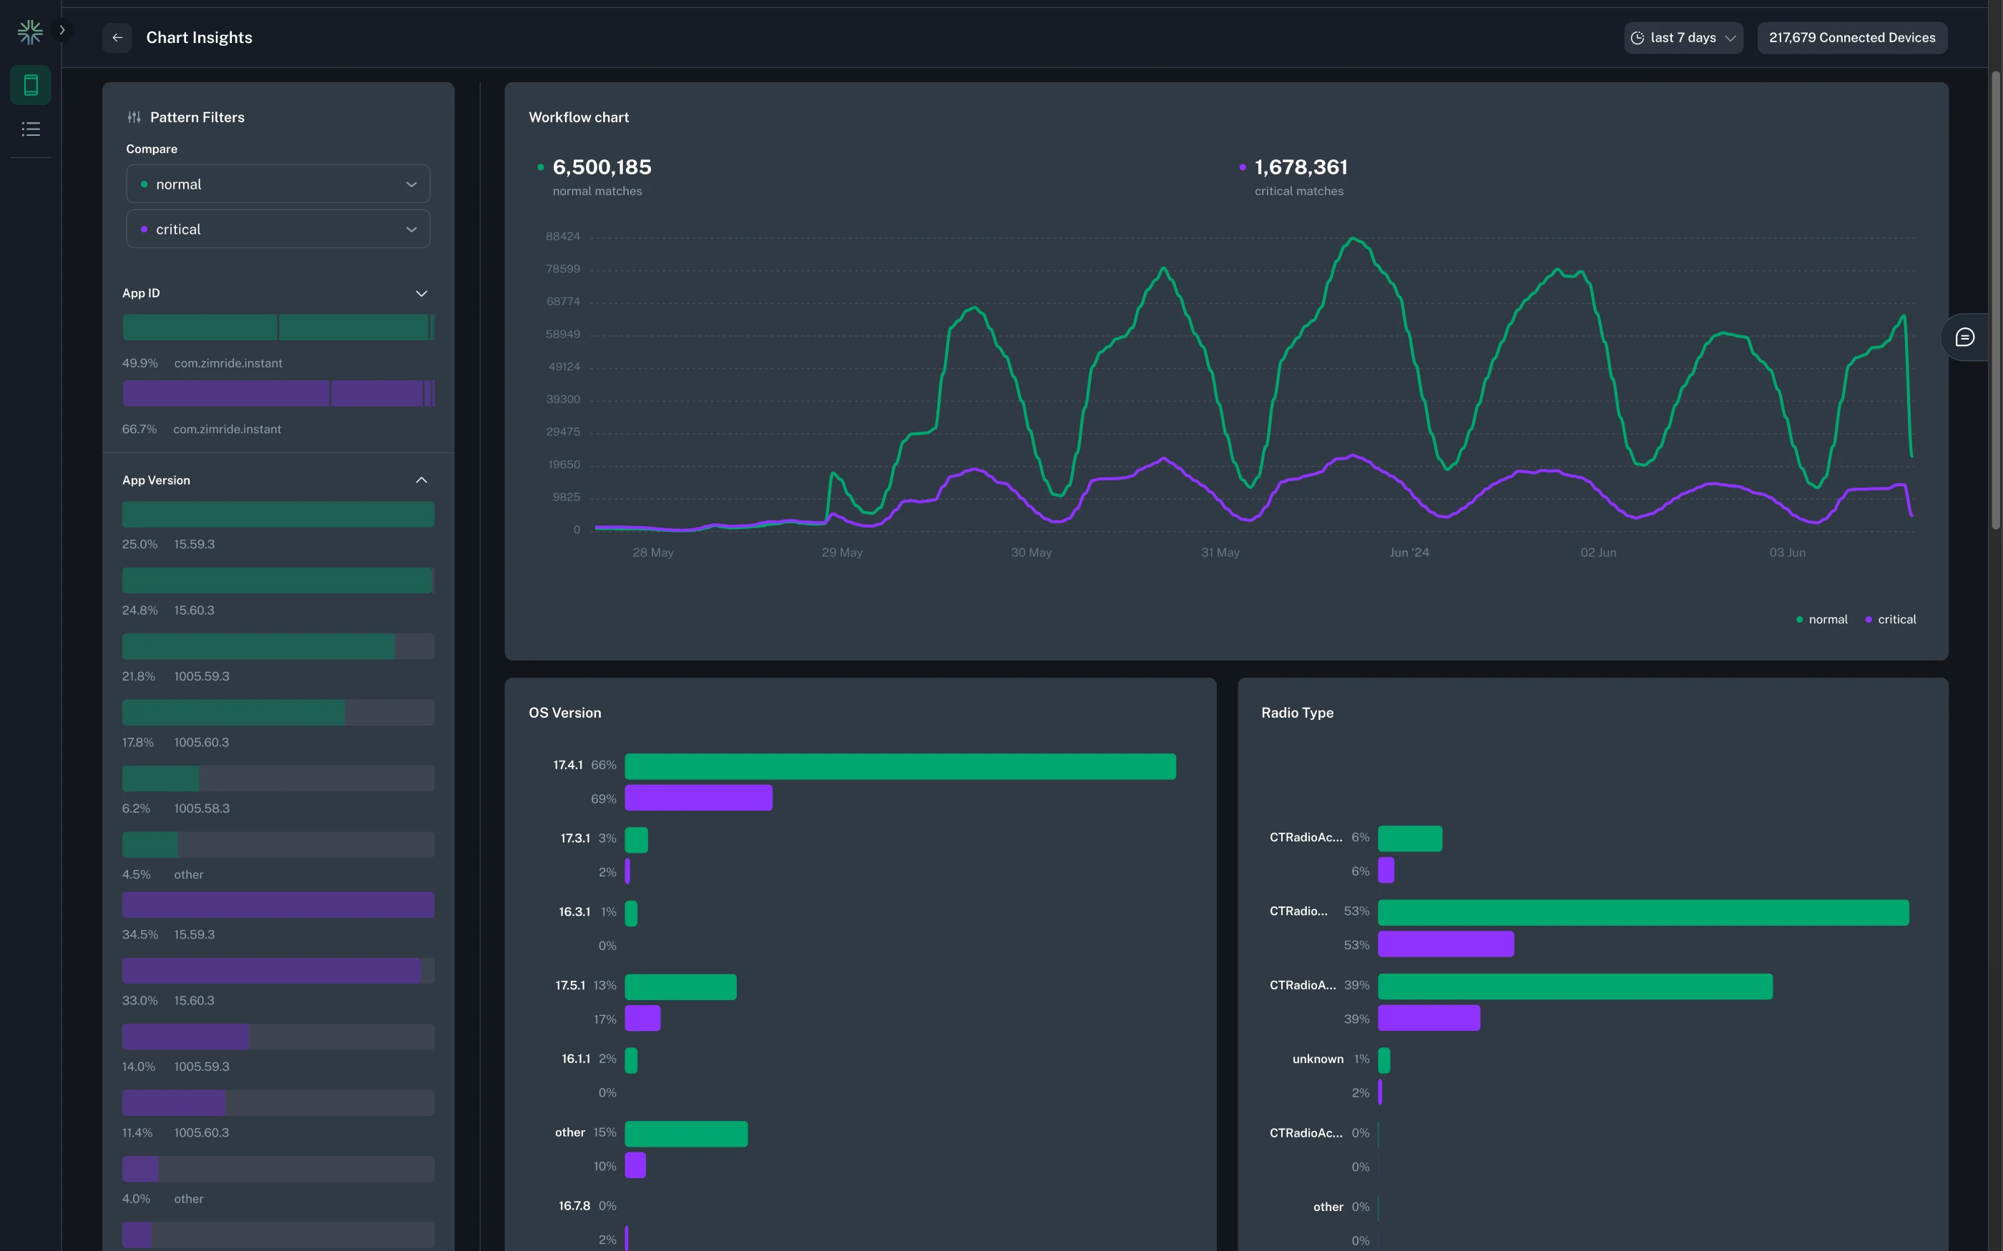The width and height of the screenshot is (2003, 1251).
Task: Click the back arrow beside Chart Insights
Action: [x=117, y=37]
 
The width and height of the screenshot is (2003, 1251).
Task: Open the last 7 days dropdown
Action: [x=1683, y=37]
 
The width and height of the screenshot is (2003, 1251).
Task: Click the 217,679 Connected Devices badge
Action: [x=1851, y=37]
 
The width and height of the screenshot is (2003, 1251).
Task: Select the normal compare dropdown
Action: [x=278, y=184]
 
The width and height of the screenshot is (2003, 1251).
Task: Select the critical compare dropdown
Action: [x=278, y=229]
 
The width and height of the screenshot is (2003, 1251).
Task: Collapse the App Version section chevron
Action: [x=421, y=480]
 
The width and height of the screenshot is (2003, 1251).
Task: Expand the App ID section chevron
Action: [x=421, y=294]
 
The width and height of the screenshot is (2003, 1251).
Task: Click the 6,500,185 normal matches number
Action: [x=602, y=167]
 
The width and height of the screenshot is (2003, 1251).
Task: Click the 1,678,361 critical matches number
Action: [x=1301, y=167]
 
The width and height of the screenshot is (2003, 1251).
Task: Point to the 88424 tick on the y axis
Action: [x=563, y=237]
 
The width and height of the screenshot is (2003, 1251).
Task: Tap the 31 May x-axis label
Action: [x=1220, y=552]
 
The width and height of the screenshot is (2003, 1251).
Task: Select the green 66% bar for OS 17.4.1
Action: [x=900, y=766]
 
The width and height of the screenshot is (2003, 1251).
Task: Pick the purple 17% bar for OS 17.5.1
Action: [x=642, y=1018]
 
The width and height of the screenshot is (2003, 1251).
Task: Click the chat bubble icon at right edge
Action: [x=1964, y=337]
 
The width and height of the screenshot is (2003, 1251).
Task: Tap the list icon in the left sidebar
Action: [x=31, y=129]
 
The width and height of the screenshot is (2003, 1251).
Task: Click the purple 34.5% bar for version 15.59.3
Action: [x=278, y=904]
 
